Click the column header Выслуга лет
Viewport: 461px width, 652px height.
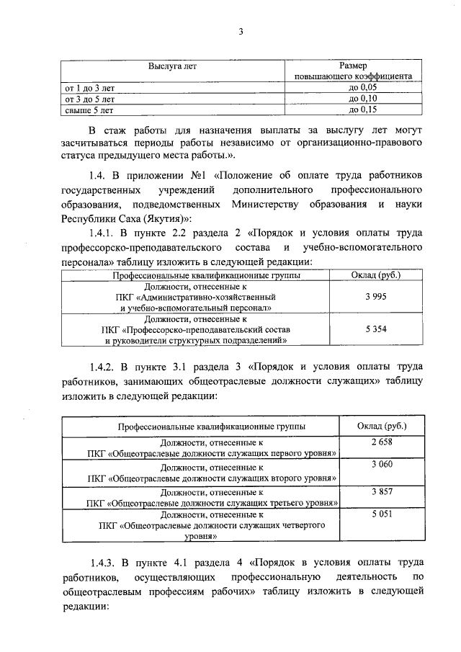click(x=172, y=66)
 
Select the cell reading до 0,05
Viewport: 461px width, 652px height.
click(x=363, y=87)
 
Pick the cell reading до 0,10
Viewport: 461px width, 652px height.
click(x=363, y=99)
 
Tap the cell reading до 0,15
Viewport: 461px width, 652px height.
click(x=363, y=110)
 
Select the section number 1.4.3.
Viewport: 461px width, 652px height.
click(x=106, y=561)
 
